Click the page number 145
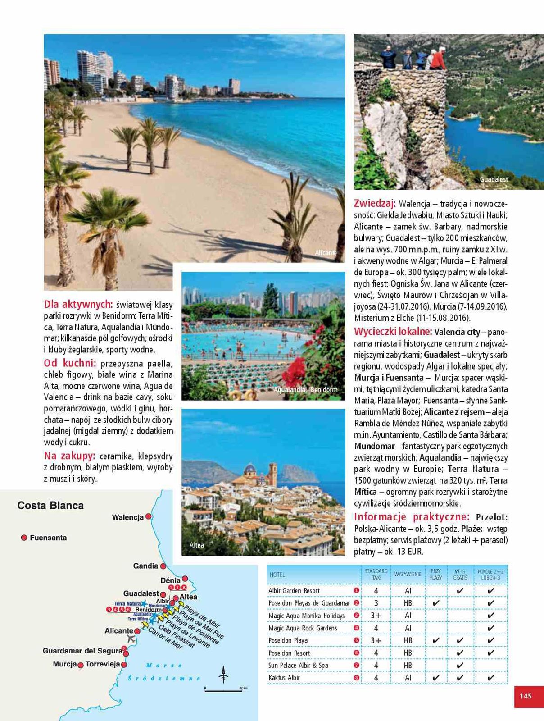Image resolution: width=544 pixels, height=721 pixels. [x=526, y=696]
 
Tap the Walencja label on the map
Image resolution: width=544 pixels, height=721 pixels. [x=128, y=517]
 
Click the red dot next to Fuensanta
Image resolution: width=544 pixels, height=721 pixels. [x=24, y=538]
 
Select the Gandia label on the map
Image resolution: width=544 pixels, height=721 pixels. [x=146, y=566]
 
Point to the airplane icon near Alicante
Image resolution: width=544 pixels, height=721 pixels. [x=131, y=639]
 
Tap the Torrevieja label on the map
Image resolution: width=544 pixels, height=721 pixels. [x=103, y=664]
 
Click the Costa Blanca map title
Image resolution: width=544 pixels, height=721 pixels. [x=50, y=506]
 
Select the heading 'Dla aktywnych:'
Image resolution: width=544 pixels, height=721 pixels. [x=78, y=304]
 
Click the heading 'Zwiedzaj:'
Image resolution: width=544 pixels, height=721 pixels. [x=375, y=203]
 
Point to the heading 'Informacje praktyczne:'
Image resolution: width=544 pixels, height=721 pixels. [x=412, y=517]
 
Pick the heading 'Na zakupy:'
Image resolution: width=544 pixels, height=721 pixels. [x=70, y=456]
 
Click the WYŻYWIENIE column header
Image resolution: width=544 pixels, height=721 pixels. [x=408, y=575]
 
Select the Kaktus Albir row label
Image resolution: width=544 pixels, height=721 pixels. [x=284, y=678]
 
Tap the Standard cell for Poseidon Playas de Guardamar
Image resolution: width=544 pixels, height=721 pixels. [x=376, y=603]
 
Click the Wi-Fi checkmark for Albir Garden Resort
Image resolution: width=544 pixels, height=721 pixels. [x=460, y=591]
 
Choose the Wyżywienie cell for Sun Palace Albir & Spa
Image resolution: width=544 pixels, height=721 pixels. [x=408, y=666]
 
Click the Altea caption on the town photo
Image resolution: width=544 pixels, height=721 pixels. [x=197, y=545]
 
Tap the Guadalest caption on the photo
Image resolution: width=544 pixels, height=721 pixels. [x=494, y=179]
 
